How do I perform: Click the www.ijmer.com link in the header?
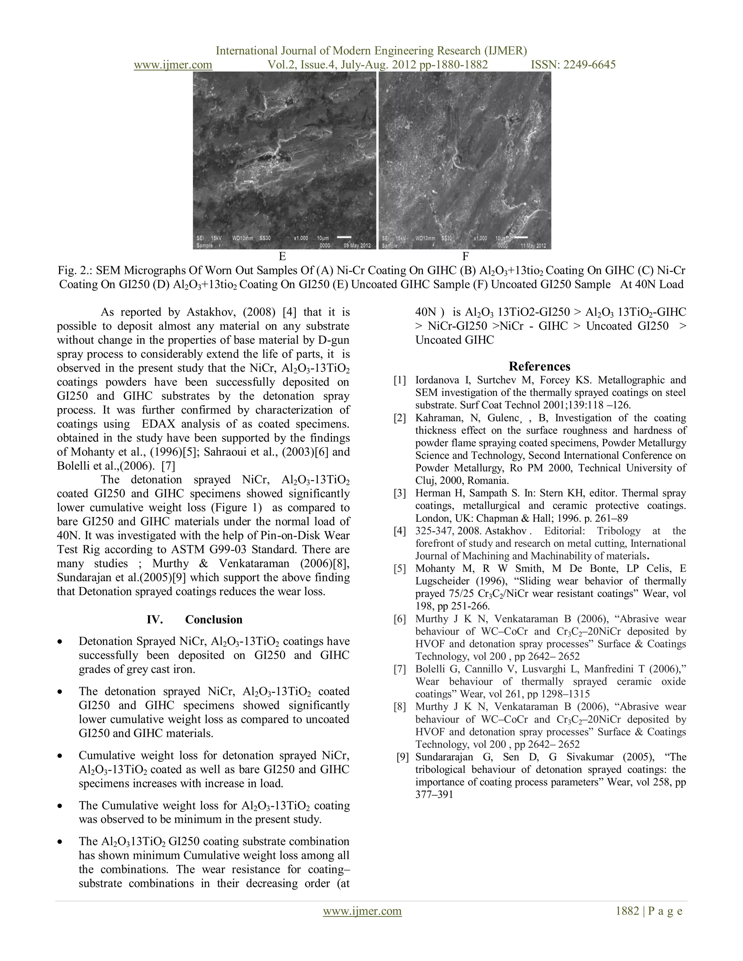pyautogui.click(x=173, y=65)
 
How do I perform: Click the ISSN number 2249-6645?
pyautogui.click(x=590, y=65)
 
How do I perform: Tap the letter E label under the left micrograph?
pyautogui.click(x=282, y=256)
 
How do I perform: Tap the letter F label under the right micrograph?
pyautogui.click(x=465, y=256)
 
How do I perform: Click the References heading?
pyautogui.click(x=539, y=366)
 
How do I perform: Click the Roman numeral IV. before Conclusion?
pyautogui.click(x=155, y=619)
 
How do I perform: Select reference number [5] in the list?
pyautogui.click(x=400, y=569)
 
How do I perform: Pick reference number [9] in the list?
pyautogui.click(x=402, y=757)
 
